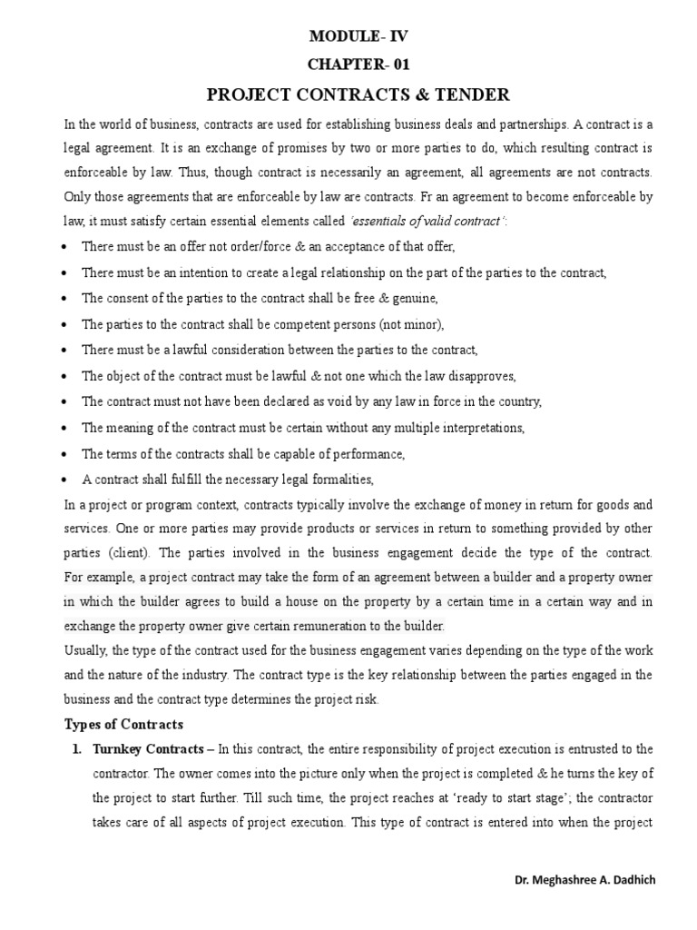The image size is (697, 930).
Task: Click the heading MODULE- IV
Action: pyautogui.click(x=353, y=37)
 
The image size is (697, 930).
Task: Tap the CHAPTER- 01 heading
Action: pyautogui.click(x=353, y=65)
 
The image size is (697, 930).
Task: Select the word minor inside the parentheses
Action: pyautogui.click(x=418, y=324)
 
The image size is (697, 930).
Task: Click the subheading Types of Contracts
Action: pyautogui.click(x=123, y=724)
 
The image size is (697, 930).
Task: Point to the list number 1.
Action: pyautogui.click(x=75, y=749)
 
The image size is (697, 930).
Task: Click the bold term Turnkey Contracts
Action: pyautogui.click(x=144, y=749)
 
